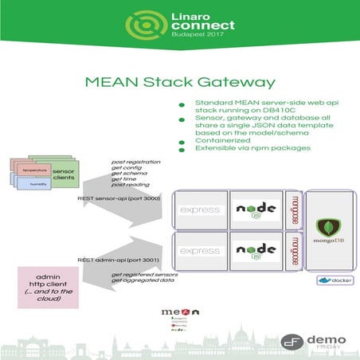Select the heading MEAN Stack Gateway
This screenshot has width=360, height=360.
coord(181,81)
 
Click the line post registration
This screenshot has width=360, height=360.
coord(135,162)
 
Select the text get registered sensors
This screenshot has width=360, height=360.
coord(143,275)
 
